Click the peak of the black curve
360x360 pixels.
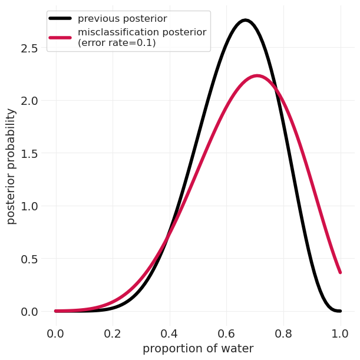point(245,21)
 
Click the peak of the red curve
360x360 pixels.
point(257,75)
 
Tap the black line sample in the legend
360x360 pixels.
point(60,19)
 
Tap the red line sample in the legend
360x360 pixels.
point(60,37)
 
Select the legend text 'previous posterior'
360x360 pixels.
point(121,19)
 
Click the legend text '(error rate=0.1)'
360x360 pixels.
point(117,43)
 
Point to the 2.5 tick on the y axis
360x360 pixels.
point(29,48)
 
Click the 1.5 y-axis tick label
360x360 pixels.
point(29,154)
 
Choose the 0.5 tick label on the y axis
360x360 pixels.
point(29,259)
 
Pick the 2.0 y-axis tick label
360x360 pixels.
point(29,101)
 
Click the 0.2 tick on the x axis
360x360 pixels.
point(113,333)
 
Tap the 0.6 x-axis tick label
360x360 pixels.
point(226,333)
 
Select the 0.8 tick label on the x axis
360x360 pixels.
point(283,333)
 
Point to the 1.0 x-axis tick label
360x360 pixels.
point(340,333)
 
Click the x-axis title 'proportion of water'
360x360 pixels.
point(198,349)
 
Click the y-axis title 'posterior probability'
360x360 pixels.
point(11,166)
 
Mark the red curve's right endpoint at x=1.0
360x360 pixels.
point(340,272)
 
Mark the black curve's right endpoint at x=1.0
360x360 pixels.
point(340,311)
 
